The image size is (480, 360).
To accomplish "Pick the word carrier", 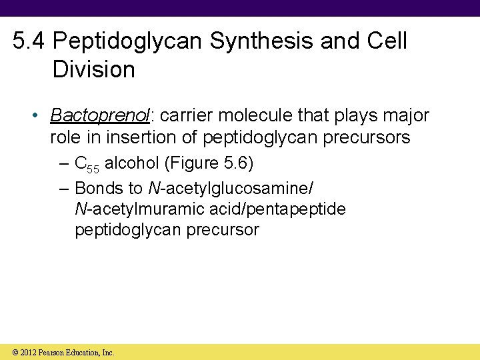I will pyautogui.click(x=188, y=116).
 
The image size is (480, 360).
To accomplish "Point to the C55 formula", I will pyautogui.click(x=87, y=164).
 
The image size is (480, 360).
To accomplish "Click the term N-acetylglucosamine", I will pyautogui.click(x=229, y=188).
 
